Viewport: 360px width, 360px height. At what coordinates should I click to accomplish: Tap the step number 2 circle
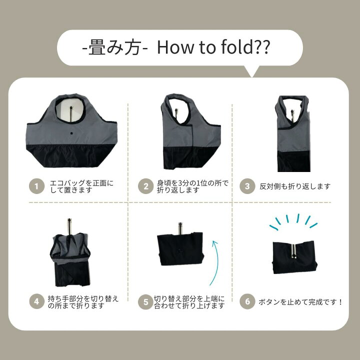pyautogui.click(x=146, y=186)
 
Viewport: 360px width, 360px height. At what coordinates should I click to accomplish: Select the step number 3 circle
pyautogui.click(x=247, y=186)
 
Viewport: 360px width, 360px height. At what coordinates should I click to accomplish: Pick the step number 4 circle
pyautogui.click(x=35, y=301)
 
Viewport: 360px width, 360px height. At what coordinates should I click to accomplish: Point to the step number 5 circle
pyautogui.click(x=146, y=301)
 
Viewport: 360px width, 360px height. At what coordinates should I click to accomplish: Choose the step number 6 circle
pyautogui.click(x=247, y=301)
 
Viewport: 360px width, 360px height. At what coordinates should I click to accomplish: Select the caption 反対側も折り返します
pyautogui.click(x=294, y=186)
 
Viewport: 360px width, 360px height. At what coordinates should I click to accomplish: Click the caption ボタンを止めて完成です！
pyautogui.click(x=300, y=301)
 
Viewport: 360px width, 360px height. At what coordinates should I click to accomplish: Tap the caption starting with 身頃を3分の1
pyautogui.click(x=192, y=186)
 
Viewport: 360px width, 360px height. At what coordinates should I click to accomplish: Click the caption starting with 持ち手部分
pyautogui.click(x=83, y=301)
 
